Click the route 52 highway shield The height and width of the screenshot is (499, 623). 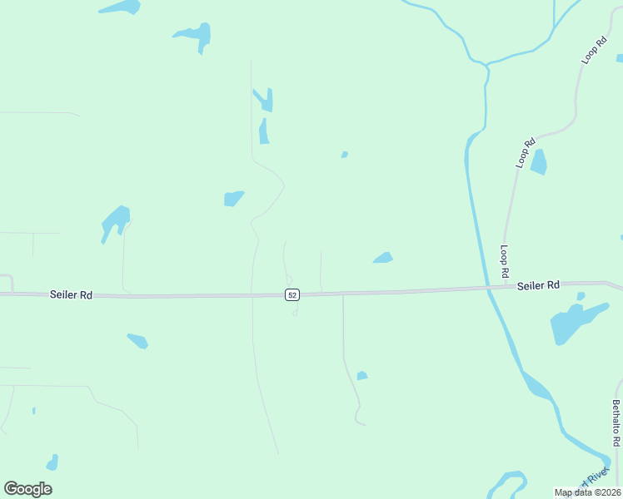tap(292, 295)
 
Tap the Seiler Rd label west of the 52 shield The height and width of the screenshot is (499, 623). tap(71, 294)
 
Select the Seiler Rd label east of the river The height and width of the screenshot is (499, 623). tap(538, 285)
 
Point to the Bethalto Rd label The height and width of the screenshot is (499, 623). tap(616, 423)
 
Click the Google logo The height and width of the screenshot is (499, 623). tap(27, 489)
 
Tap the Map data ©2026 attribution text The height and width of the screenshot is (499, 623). tap(587, 492)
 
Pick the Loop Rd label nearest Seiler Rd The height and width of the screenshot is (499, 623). tap(505, 261)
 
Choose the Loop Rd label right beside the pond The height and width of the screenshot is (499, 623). tap(525, 153)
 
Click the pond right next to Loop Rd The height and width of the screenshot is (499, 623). tap(539, 161)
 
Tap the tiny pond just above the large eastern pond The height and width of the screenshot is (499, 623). tap(581, 296)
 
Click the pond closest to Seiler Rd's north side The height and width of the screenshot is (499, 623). tap(383, 258)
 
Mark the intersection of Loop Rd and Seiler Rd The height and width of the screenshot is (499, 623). tap(505, 287)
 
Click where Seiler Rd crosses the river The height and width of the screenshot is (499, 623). tap(489, 288)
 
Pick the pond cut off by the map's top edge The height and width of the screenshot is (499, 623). tap(121, 8)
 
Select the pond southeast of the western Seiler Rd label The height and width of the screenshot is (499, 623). tap(138, 341)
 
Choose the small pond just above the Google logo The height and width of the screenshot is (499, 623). tap(52, 462)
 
